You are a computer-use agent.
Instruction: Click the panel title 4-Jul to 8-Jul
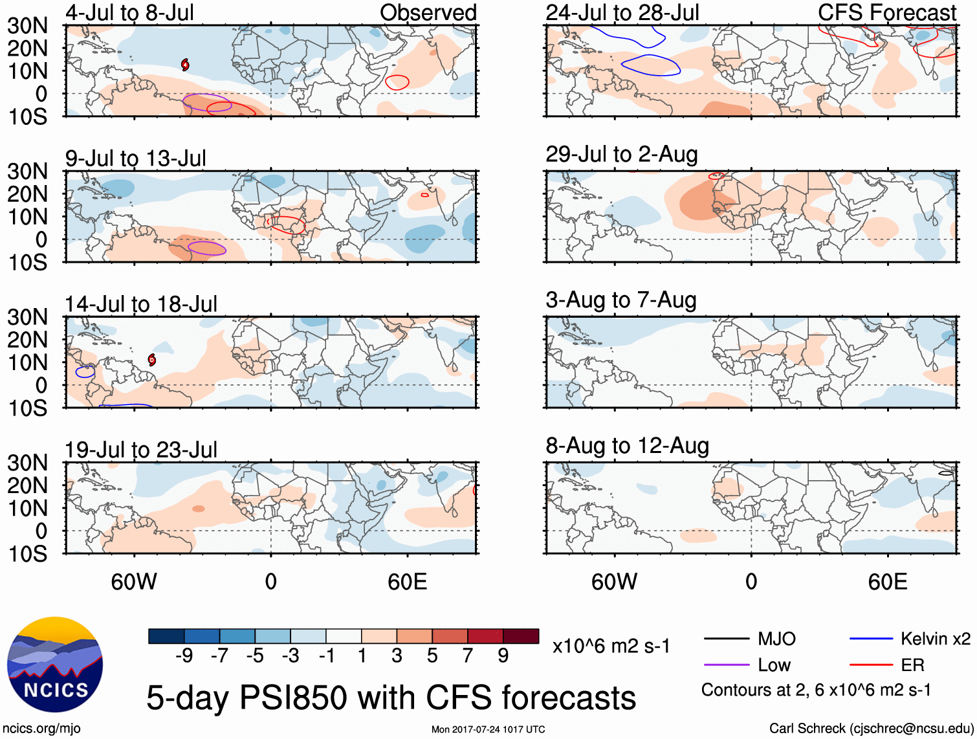pyautogui.click(x=129, y=12)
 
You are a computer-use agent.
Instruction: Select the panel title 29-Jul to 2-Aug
pyautogui.click(x=621, y=155)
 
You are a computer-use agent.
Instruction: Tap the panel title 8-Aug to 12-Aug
pyautogui.click(x=627, y=446)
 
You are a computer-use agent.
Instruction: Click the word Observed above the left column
pyautogui.click(x=428, y=12)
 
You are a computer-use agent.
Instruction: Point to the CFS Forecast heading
pyautogui.click(x=886, y=12)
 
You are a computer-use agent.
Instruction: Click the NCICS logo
pyautogui.click(x=55, y=665)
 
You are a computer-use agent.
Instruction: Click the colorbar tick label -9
pyautogui.click(x=184, y=656)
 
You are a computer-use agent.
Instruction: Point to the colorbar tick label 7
pyautogui.click(x=468, y=656)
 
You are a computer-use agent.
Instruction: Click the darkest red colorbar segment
pyautogui.click(x=521, y=636)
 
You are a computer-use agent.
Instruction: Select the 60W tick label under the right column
pyautogui.click(x=614, y=582)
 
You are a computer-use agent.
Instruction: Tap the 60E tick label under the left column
pyautogui.click(x=407, y=582)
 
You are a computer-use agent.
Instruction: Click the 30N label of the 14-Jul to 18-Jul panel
pyautogui.click(x=27, y=317)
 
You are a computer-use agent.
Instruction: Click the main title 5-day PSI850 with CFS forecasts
pyautogui.click(x=391, y=698)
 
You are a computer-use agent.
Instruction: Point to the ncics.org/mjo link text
pyautogui.click(x=41, y=729)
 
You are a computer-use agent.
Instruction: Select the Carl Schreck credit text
pyautogui.click(x=871, y=729)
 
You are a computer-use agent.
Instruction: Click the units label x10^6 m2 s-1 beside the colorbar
pyautogui.click(x=611, y=646)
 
